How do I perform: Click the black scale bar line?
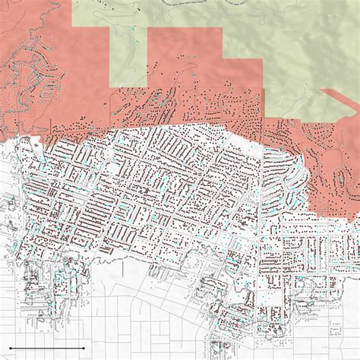pos(46,349)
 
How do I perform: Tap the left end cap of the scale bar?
pos(10,349)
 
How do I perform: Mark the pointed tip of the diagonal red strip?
pos(321,90)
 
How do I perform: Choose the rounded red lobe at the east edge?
pos(334,175)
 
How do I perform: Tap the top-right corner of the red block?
pos(222,30)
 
